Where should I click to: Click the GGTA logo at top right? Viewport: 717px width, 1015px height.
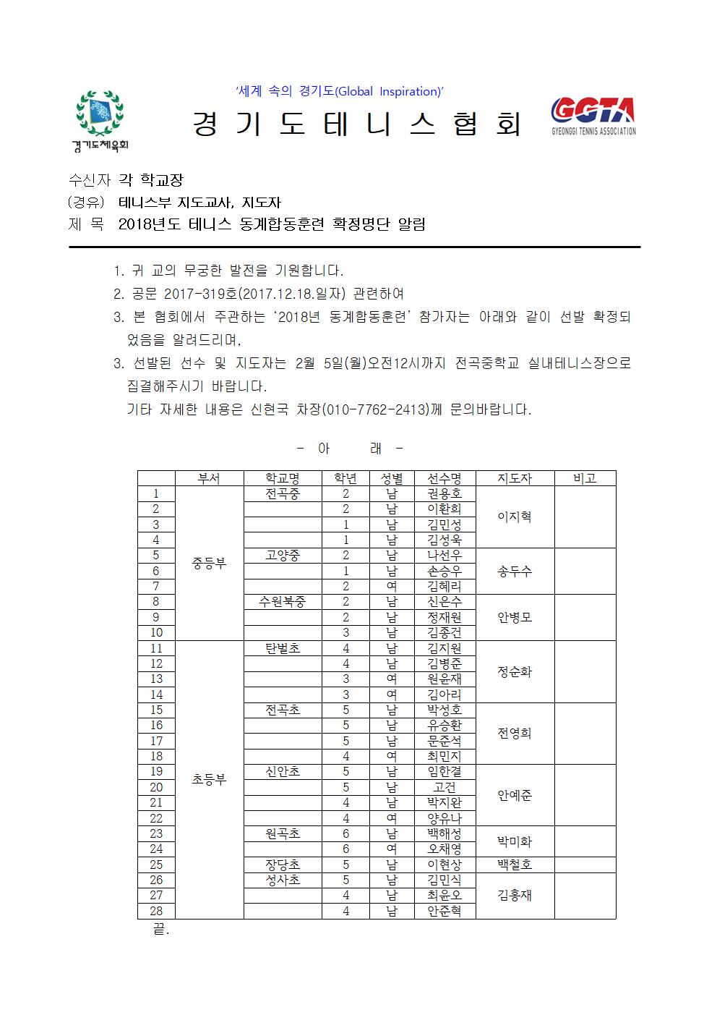pos(593,116)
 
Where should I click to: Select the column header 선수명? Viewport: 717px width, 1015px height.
pos(445,478)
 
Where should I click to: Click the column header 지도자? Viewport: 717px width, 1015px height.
pos(514,478)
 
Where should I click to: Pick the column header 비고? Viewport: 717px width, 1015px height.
pos(584,478)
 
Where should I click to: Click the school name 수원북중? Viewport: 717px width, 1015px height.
pos(283,602)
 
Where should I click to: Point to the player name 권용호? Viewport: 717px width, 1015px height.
pos(445,494)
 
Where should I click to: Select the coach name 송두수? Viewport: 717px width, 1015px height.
pos(514,572)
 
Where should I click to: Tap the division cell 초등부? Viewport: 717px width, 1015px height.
pos(209,779)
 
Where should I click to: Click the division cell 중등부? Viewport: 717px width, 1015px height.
pos(209,563)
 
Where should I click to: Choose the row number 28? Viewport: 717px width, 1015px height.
pos(156,911)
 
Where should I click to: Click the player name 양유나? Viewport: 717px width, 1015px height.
pos(445,818)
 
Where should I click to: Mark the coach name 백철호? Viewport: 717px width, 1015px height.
pos(514,865)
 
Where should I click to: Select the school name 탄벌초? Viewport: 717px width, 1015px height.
pos(283,648)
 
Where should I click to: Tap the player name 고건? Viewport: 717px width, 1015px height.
pos(445,787)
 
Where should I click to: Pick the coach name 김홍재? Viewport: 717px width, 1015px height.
pos(514,896)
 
